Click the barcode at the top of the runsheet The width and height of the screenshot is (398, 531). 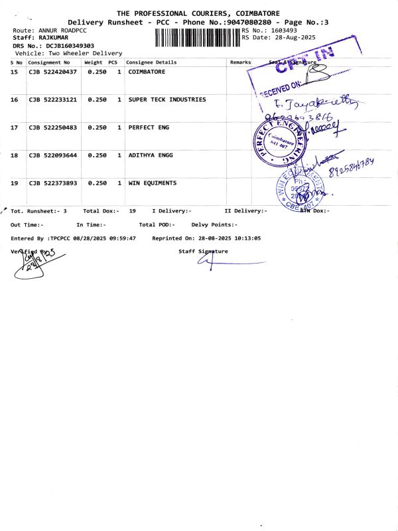[x=197, y=36]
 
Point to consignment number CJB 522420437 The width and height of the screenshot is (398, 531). [x=53, y=72]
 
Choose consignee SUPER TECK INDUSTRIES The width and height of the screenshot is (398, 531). [x=167, y=100]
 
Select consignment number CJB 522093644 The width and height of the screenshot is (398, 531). [x=53, y=155]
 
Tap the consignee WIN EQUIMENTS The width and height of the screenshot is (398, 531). [x=153, y=183]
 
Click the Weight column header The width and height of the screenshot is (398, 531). [x=94, y=62]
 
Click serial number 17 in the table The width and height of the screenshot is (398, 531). [x=15, y=127]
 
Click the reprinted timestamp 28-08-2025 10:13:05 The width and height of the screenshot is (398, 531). [x=226, y=238]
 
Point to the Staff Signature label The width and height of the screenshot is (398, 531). [x=203, y=252]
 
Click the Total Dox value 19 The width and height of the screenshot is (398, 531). [x=133, y=210]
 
